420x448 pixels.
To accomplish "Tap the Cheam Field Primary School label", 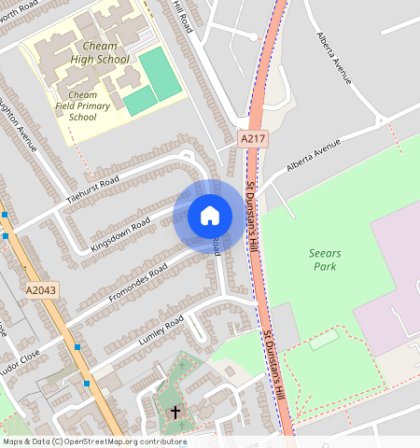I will pos(82,106).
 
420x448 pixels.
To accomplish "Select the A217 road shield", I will pos(248,138).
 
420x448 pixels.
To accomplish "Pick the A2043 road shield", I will pos(43,290).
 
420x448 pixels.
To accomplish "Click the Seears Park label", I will pos(326,259).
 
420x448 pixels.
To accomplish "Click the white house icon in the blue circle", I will pos(210,216).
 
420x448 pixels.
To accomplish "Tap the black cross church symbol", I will pos(175,411).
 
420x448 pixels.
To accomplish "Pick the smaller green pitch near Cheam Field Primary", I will pos(140,101).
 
